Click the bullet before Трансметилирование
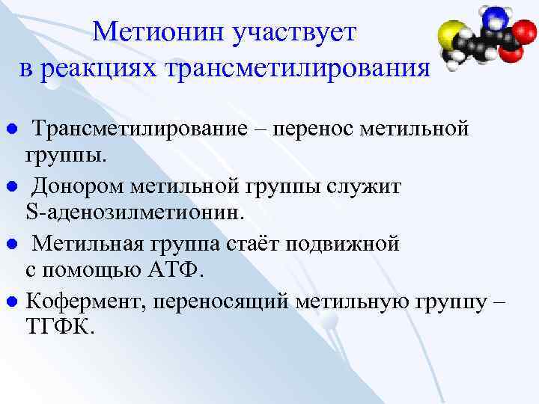pyautogui.click(x=10, y=129)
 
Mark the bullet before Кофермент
pyautogui.click(x=10, y=302)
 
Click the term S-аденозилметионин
pyautogui.click(x=135, y=212)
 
